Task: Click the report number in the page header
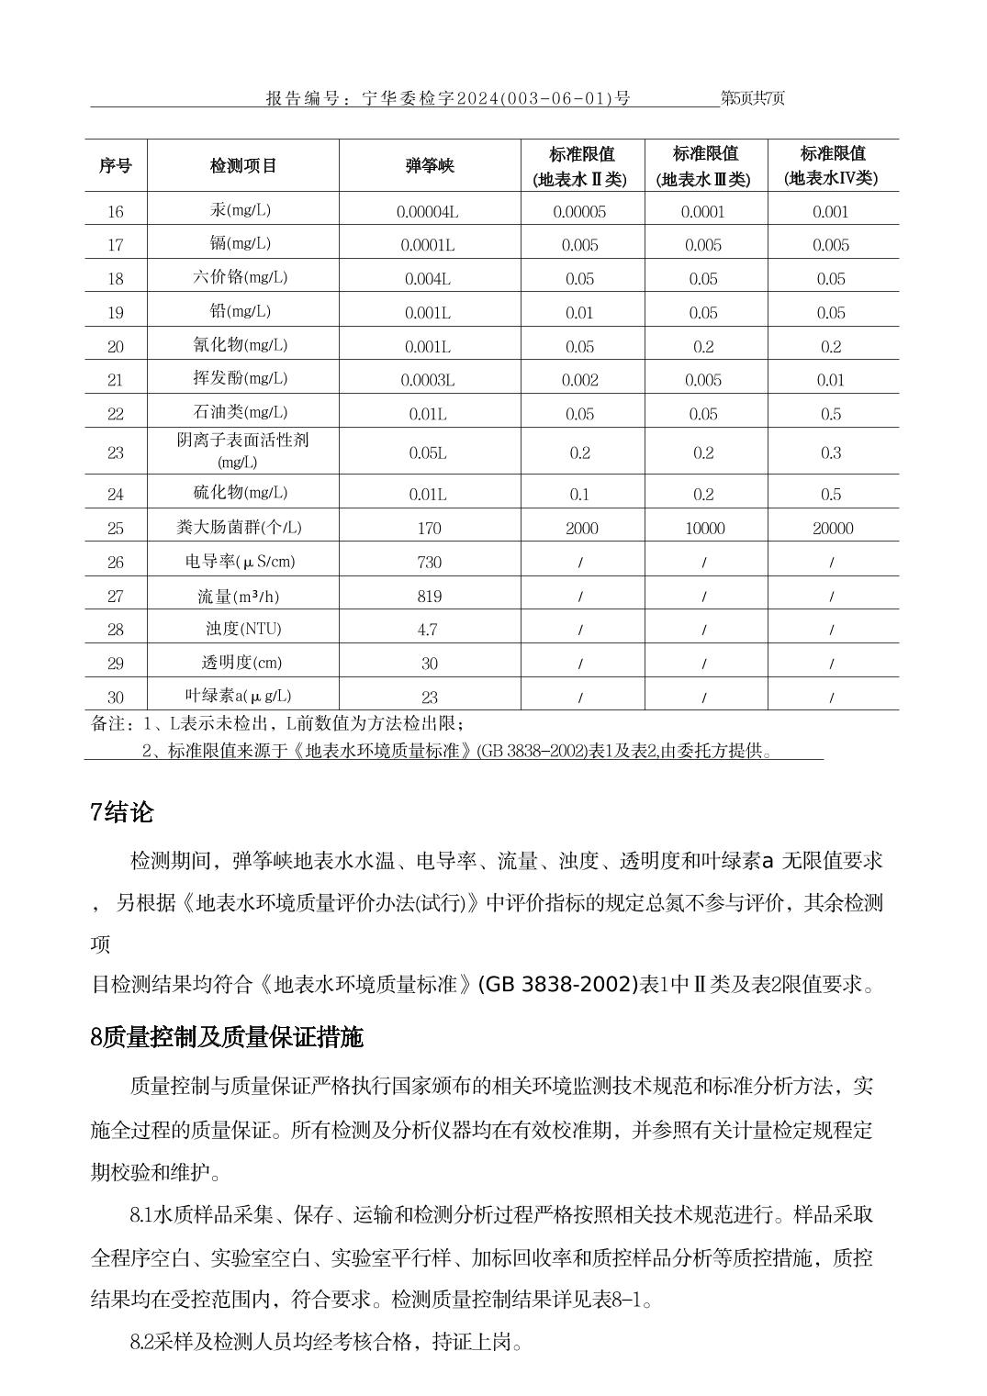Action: click(448, 98)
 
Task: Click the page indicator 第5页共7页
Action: click(753, 98)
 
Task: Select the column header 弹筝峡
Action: click(430, 166)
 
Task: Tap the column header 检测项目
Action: click(243, 166)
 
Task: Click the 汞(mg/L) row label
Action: click(241, 210)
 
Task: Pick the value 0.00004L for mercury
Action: click(428, 212)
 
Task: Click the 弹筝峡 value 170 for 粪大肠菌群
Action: click(429, 529)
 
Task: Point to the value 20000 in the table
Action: click(832, 529)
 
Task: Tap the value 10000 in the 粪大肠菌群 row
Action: click(704, 529)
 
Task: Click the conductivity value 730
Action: click(429, 563)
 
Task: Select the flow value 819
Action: click(429, 597)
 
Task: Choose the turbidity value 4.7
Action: click(428, 630)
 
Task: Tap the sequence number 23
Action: click(116, 452)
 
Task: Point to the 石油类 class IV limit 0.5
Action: click(831, 415)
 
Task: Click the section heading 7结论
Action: click(122, 812)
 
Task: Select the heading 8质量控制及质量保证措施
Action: click(227, 1037)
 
